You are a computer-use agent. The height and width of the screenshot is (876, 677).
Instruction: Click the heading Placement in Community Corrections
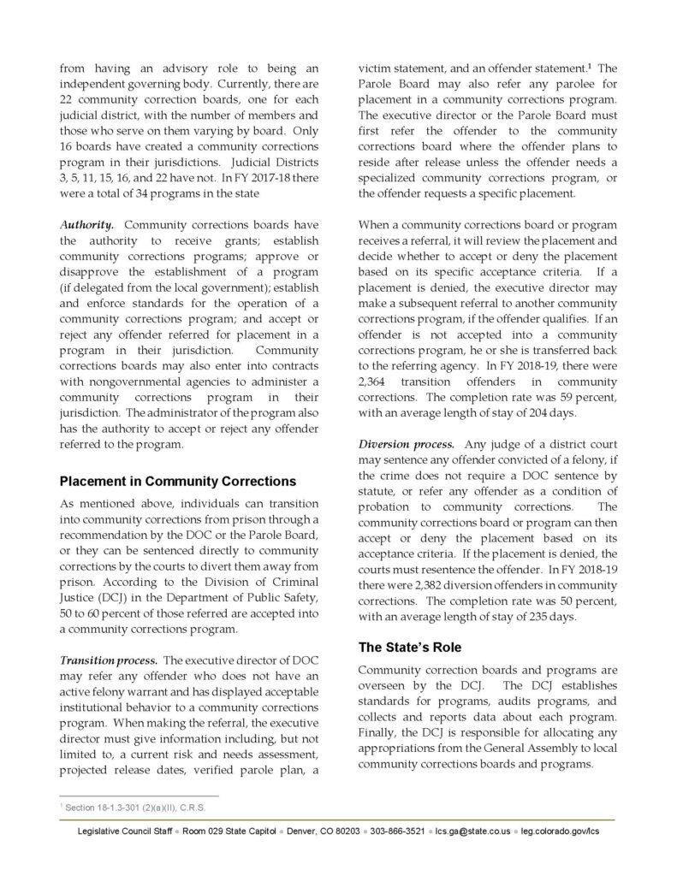[x=177, y=481]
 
